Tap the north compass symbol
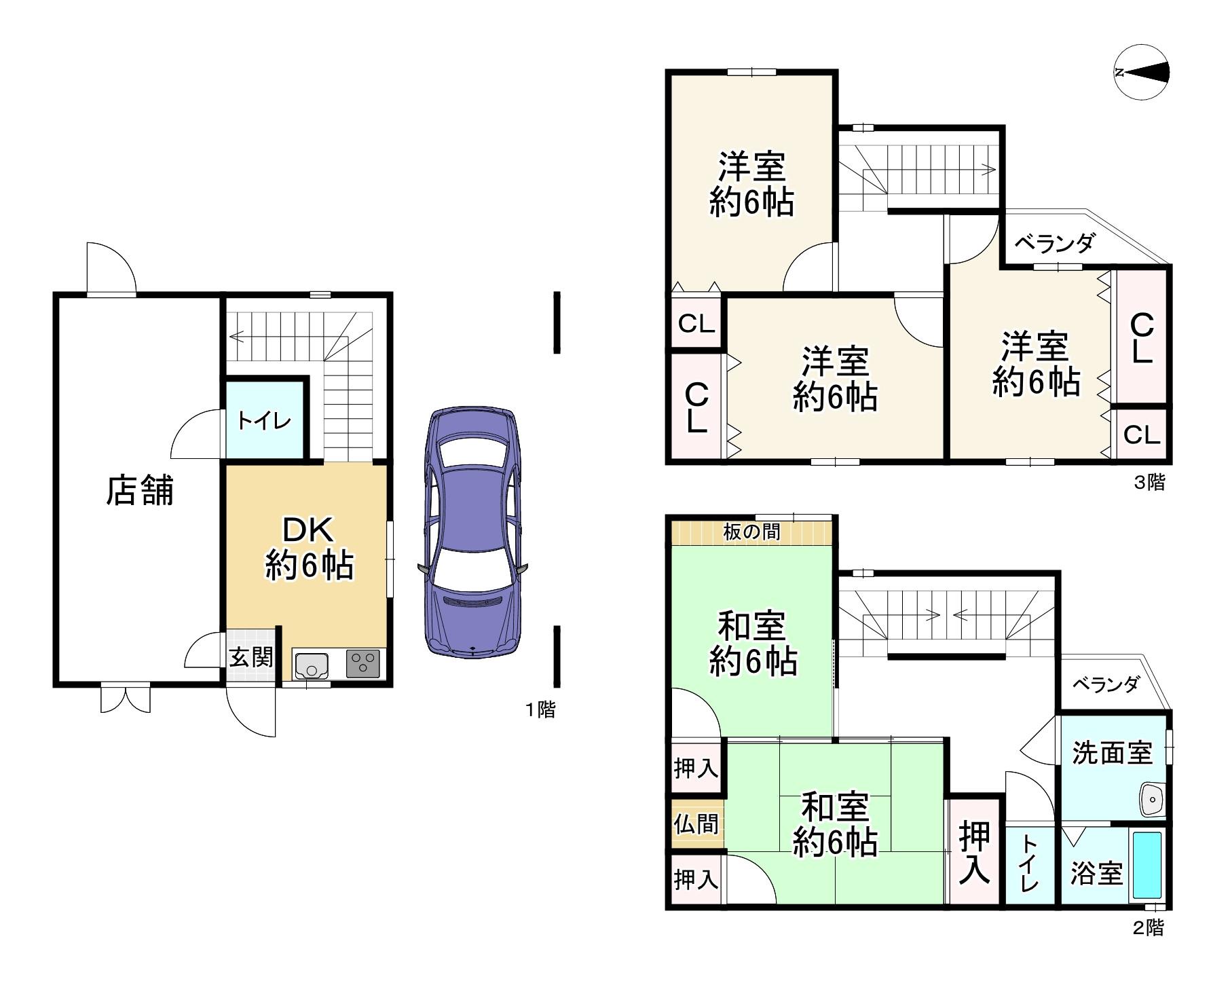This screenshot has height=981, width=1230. click(1142, 73)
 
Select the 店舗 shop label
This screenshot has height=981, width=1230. click(140, 490)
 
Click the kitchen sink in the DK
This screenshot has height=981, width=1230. click(312, 665)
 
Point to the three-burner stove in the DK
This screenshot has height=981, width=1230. click(363, 664)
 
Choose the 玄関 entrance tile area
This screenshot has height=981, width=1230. click(250, 656)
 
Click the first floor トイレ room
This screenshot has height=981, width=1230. click(265, 421)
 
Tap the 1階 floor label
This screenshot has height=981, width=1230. click(540, 710)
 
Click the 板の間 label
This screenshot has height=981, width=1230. click(751, 532)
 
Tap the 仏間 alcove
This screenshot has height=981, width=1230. click(696, 824)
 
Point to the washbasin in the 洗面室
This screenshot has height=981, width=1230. click(1153, 800)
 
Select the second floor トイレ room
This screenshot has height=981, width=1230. click(1028, 866)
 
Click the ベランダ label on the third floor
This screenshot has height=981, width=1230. click(1055, 242)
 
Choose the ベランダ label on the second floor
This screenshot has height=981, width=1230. click(1105, 684)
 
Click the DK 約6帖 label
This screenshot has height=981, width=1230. click(309, 548)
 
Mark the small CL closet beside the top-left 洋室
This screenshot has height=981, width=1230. click(696, 324)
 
